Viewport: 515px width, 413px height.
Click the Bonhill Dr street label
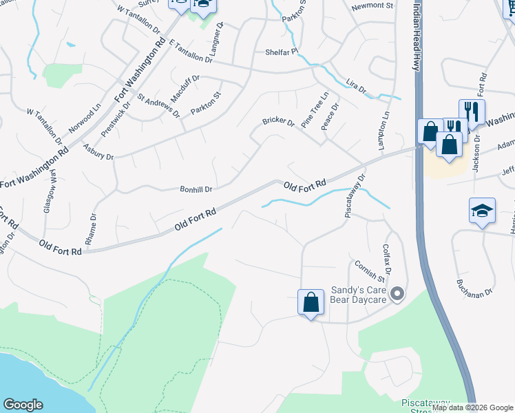click(x=196, y=189)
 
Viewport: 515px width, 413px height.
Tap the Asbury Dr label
click(x=98, y=151)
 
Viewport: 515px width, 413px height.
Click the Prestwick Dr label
click(x=115, y=115)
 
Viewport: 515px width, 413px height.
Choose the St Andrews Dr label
click(x=158, y=105)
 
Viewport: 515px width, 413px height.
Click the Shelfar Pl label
click(x=282, y=52)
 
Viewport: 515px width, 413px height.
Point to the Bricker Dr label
click(x=278, y=123)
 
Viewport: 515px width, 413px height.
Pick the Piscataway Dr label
click(x=355, y=196)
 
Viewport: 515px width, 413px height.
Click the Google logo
click(x=23, y=405)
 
